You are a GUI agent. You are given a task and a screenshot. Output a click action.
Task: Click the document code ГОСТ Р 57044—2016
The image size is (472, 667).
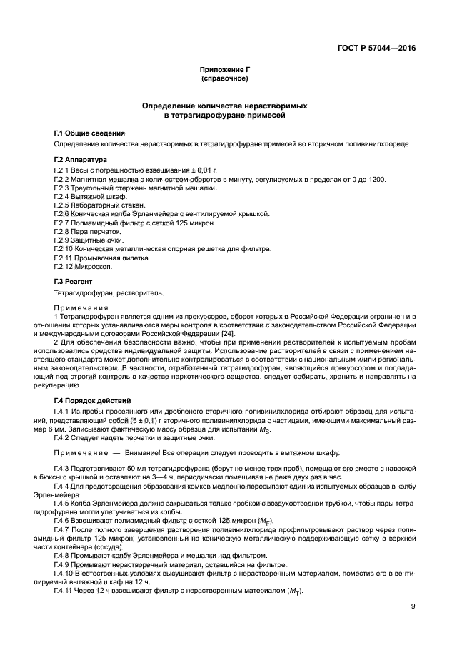pos(376,49)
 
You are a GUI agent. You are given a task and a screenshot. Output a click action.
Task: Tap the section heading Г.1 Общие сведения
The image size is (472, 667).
pos(89,133)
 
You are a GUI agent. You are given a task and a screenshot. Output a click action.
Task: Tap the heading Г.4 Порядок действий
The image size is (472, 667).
pos(92,401)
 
